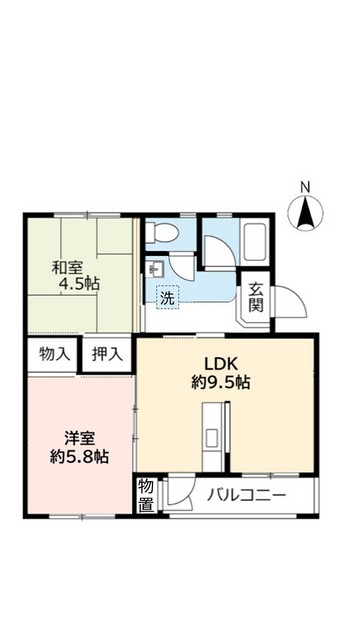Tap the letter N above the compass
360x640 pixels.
point(306,186)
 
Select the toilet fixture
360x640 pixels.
point(159,234)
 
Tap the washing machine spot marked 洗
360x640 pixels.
point(167,297)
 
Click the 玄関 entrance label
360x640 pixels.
point(256,298)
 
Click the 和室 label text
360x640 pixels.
point(69,267)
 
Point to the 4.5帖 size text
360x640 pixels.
point(79,285)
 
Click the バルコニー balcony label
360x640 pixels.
point(247,495)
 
